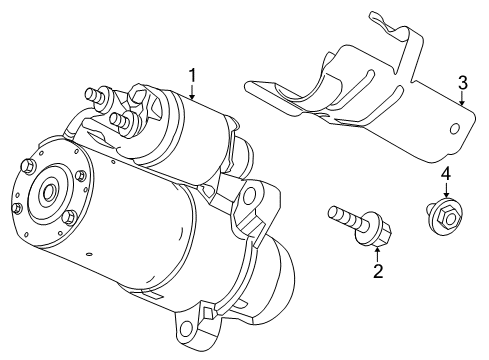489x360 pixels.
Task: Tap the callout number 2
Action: [377, 270]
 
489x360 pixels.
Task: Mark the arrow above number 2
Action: [377, 252]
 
